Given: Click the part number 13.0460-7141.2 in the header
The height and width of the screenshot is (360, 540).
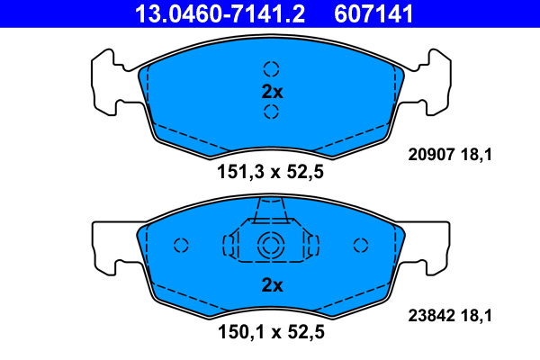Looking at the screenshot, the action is [220, 14].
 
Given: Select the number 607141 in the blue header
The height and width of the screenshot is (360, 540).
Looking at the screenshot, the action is [373, 14].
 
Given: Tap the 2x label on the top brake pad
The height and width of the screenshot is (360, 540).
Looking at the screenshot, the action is [272, 92].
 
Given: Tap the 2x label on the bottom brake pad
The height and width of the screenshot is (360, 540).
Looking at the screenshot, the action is [272, 285].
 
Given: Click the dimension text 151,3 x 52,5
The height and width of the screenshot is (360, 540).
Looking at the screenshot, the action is [270, 172].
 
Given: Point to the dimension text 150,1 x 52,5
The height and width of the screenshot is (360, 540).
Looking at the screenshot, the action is [271, 332].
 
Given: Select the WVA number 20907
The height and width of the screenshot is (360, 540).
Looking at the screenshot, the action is [431, 154].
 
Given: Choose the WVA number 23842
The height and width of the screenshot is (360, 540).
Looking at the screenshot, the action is [431, 315].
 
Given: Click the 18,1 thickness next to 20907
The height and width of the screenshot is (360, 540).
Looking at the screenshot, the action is [476, 155].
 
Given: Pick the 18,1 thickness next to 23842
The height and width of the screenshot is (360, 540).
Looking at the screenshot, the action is [476, 316].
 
